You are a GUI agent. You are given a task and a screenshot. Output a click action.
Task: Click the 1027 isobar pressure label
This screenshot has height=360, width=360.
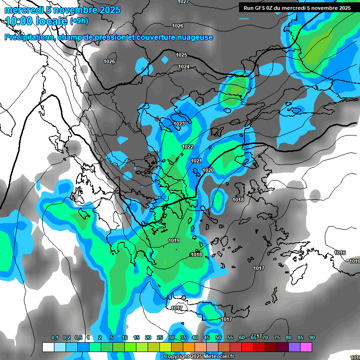[183, 2]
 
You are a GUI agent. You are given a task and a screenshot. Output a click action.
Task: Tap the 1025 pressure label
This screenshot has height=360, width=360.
[181, 55]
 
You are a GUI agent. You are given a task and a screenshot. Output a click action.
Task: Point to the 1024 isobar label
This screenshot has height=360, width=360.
[184, 67]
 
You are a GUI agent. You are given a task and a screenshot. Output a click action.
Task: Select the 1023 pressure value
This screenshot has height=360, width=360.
[179, 124]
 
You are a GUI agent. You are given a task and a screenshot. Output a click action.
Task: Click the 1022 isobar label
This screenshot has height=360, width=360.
[187, 147]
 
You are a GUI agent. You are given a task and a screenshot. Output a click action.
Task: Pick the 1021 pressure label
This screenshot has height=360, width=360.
[196, 161]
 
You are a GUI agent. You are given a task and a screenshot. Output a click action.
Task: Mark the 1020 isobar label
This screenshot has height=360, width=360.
[209, 170]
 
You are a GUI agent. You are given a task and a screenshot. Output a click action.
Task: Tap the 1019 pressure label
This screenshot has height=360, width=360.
[174, 241]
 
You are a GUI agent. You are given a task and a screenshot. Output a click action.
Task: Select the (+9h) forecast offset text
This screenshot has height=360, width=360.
[78, 21]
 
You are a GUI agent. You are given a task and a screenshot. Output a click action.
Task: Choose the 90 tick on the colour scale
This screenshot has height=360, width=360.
[312, 338]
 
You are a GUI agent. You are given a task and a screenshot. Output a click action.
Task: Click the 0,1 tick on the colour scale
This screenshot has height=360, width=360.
[55, 338]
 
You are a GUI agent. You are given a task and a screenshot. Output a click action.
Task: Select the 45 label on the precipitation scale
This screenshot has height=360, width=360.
[207, 338]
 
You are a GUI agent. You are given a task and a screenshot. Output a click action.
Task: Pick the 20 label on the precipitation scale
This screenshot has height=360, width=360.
[148, 338]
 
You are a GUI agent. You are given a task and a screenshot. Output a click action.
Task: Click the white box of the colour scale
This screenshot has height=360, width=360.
[48, 347]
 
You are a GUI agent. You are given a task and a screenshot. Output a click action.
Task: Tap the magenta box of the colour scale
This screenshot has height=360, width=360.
[306, 347]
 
